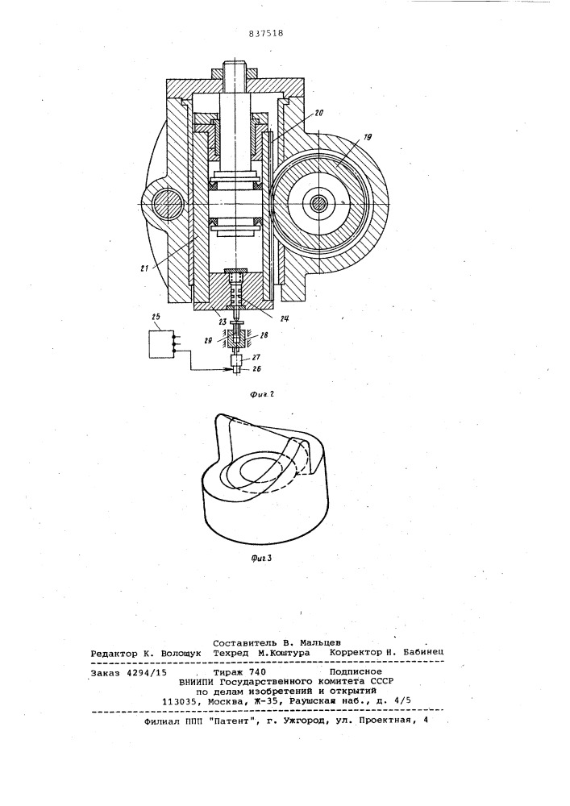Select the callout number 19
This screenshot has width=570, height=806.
click(367, 137)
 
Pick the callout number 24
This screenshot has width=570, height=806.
click(283, 318)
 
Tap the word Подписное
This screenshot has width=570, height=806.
click(356, 671)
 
